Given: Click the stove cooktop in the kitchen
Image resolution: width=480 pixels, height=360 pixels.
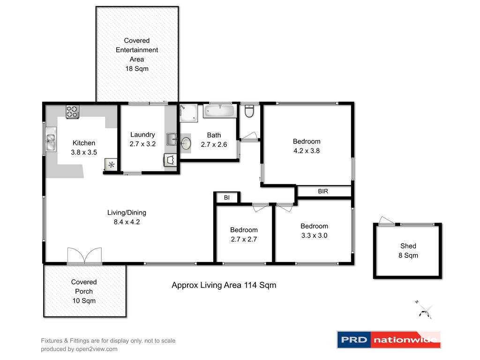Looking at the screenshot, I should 72,112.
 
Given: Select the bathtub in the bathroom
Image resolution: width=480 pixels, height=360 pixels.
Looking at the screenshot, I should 219,112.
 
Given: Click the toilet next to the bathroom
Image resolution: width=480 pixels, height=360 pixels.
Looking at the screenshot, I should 249,112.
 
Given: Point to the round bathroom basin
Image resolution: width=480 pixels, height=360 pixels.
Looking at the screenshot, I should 187,143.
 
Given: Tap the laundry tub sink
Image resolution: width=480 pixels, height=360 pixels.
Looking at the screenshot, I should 172,139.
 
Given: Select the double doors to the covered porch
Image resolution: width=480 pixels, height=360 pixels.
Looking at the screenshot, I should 84,256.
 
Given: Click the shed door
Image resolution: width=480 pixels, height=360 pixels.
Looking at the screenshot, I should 387,221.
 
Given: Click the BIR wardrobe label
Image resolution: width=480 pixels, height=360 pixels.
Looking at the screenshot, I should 323,192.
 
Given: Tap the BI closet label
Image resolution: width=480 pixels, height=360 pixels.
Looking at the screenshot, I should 227,198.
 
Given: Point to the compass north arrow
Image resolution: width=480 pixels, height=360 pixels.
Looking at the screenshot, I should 425,310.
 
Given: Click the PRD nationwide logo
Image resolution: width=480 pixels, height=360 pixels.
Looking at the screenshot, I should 389,340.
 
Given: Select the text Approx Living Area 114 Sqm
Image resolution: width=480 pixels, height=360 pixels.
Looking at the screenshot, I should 224,285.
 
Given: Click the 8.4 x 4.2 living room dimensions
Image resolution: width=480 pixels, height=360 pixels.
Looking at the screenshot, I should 127,222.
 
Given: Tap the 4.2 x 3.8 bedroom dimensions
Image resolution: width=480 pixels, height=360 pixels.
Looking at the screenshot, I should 307,151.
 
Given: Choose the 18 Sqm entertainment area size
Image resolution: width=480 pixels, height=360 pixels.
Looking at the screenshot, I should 137,69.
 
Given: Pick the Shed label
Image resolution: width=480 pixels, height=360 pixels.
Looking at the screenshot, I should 408,246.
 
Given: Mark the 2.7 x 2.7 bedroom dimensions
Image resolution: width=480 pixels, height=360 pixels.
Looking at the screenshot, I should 244,239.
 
